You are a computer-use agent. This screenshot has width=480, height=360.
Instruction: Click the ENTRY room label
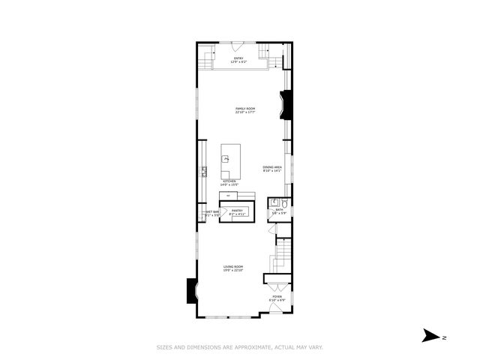(239, 58)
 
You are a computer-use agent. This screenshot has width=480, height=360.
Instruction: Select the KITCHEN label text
(229, 181)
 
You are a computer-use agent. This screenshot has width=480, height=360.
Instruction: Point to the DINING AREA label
(271, 166)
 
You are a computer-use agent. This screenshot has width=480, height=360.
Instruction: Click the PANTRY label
(237, 211)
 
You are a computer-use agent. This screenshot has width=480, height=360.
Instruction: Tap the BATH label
(278, 211)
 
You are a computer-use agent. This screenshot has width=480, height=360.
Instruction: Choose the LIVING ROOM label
(233, 267)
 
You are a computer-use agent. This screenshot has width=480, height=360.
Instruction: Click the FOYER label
(277, 297)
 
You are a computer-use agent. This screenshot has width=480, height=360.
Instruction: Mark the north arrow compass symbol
(430, 335)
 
